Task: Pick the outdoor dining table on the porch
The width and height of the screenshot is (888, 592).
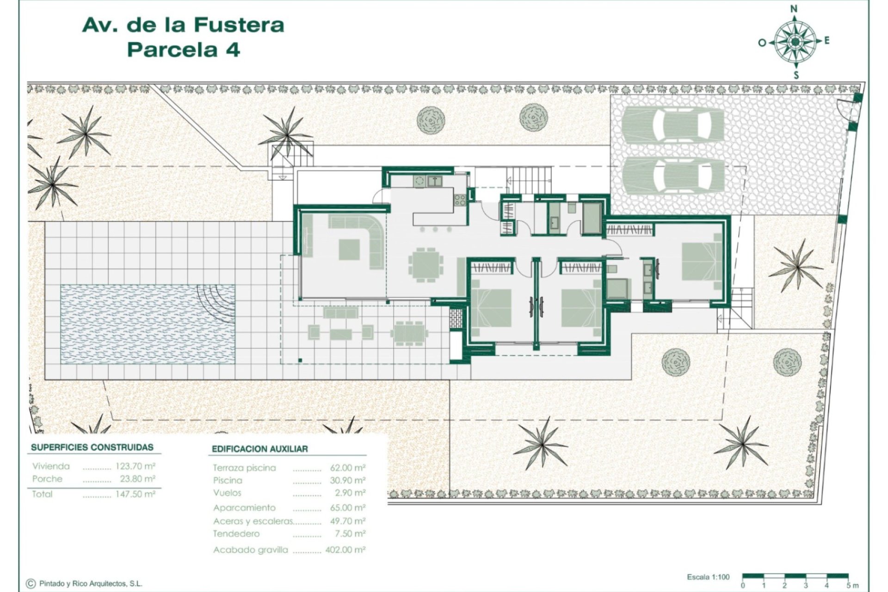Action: coord(409,333)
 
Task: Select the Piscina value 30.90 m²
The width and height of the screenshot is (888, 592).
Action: coord(347,481)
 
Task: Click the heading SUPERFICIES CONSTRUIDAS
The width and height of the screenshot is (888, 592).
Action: coord(92,447)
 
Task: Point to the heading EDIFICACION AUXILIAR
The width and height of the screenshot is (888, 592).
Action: coord(259,449)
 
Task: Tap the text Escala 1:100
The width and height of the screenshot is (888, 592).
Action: coord(708,577)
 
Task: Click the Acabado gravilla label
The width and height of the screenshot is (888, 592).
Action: coord(250,550)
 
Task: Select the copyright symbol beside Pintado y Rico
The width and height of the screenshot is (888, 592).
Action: coord(31,584)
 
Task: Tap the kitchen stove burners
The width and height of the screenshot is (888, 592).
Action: coord(461,200)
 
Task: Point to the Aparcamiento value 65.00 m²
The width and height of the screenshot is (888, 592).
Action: coord(347,508)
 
